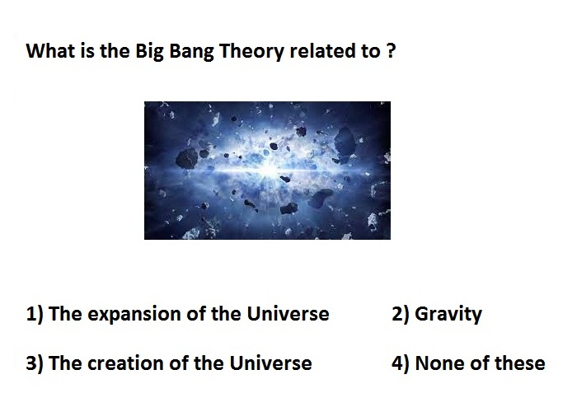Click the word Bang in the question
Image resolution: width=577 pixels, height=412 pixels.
click(191, 51)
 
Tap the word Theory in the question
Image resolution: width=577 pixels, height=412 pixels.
click(251, 51)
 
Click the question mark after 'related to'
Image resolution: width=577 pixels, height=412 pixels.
click(391, 50)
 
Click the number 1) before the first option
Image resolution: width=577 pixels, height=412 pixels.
click(35, 314)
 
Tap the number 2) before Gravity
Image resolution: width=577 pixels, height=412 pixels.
click(401, 314)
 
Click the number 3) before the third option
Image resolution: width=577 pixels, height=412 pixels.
click(35, 363)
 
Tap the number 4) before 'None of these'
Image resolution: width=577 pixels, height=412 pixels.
click(401, 363)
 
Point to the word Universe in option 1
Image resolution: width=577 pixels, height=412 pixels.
click(288, 314)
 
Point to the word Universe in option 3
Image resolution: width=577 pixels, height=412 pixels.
click(271, 363)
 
